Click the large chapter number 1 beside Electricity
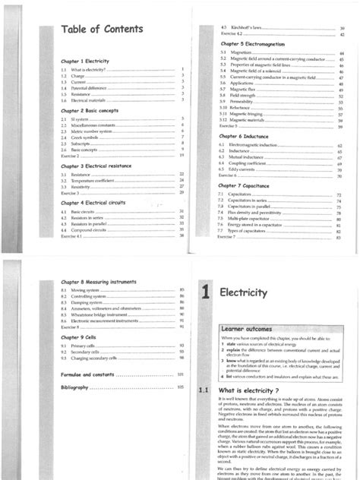(204, 271)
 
